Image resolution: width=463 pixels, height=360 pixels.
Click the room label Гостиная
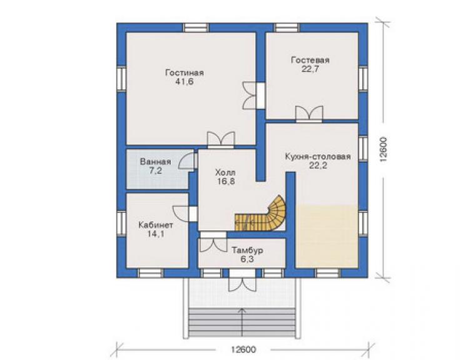click(x=185, y=73)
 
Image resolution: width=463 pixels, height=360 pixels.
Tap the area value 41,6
click(x=184, y=82)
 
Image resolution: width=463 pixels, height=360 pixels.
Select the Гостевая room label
click(x=310, y=60)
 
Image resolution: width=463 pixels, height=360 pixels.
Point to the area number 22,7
click(x=310, y=69)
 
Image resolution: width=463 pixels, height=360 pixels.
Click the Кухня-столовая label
click(x=318, y=157)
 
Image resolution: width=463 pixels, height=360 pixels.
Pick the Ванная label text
click(x=155, y=162)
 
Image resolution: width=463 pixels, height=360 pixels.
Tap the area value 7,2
click(x=155, y=170)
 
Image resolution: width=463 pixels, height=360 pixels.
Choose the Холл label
click(x=226, y=172)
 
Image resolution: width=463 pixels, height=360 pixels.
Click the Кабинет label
click(x=156, y=225)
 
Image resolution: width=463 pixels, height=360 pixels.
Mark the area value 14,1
click(x=156, y=234)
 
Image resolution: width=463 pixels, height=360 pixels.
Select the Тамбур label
click(x=247, y=250)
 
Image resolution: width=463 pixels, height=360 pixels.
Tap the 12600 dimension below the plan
click(x=243, y=349)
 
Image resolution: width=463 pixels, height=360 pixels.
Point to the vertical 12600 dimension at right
click(x=384, y=150)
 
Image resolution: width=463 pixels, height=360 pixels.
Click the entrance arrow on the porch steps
click(x=242, y=322)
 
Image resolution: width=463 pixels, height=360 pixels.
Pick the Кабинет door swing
click(x=181, y=213)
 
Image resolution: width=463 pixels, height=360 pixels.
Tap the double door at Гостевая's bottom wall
click(x=309, y=113)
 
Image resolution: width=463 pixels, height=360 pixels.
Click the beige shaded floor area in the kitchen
click(x=327, y=237)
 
